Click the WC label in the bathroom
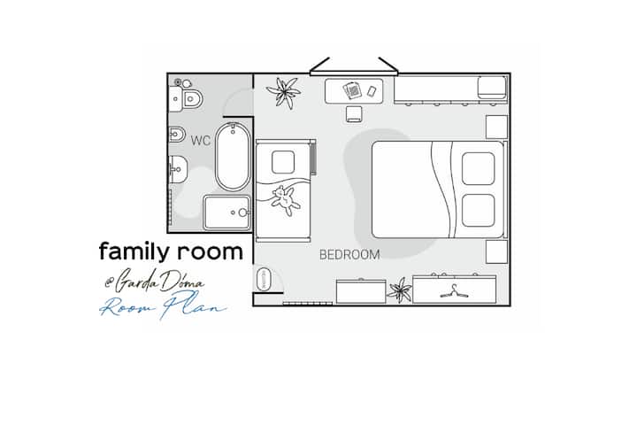tap(201, 141)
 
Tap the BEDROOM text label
tap(349, 255)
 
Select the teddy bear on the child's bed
tap(286, 200)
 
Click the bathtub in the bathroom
tap(233, 157)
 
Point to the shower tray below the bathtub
tap(227, 212)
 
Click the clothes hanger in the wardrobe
tap(454, 291)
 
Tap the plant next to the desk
tap(284, 93)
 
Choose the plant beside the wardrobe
tap(400, 290)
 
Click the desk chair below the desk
tap(354, 114)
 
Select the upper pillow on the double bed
tap(478, 168)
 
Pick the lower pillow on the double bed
tap(478, 210)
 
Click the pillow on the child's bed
tap(283, 162)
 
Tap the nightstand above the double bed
tap(497, 127)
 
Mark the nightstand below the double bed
tap(497, 251)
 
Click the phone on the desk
tap(372, 91)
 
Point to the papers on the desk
tap(352, 90)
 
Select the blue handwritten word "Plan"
tap(193, 305)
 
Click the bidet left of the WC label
tap(177, 135)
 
